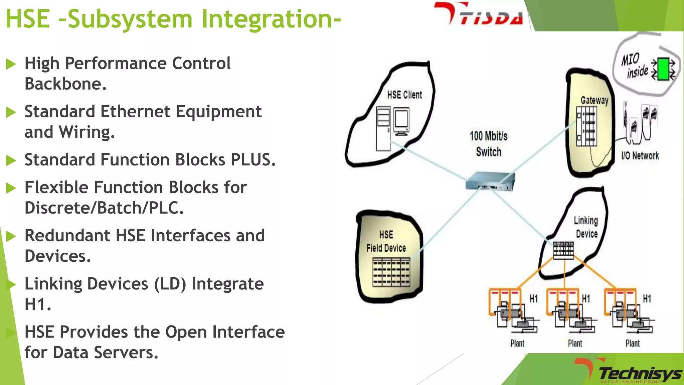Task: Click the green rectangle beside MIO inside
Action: click(x=663, y=69)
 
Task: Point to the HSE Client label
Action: click(x=404, y=95)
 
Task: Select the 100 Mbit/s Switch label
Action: click(x=488, y=144)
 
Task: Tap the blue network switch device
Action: click(x=490, y=182)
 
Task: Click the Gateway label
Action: click(x=594, y=100)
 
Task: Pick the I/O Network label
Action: click(x=640, y=156)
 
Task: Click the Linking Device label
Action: click(x=586, y=227)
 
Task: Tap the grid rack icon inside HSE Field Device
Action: click(x=391, y=272)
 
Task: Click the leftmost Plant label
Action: click(x=517, y=343)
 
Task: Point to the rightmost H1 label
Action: click(x=647, y=298)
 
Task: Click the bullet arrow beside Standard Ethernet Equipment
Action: click(x=11, y=112)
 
